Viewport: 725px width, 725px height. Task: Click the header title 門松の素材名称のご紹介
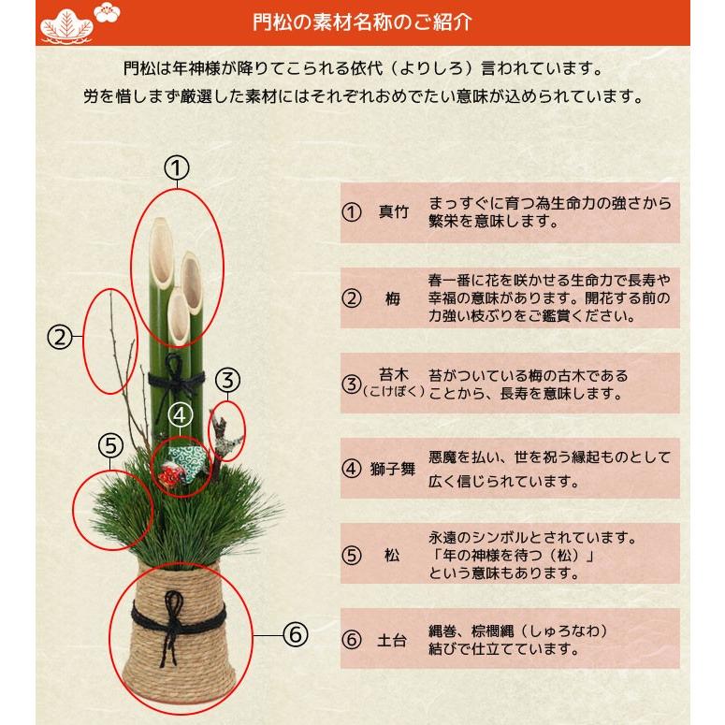coord(364,21)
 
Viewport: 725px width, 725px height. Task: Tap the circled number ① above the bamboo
coord(177,168)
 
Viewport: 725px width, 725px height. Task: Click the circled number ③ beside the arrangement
coord(228,381)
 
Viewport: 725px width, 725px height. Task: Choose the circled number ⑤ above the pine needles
coord(109,446)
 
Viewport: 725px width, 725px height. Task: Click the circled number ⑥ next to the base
coord(295,635)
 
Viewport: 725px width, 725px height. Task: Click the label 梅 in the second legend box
coord(393,300)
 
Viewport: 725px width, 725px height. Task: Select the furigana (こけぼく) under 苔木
coord(393,392)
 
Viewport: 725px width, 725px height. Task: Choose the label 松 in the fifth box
coord(393,556)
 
